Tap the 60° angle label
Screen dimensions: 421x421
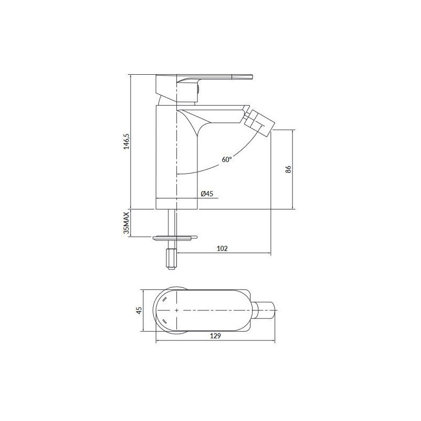click(227, 159)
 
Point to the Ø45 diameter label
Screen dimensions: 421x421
click(207, 194)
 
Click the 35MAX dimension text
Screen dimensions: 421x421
click(126, 223)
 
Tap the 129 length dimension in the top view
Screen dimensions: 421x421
click(215, 336)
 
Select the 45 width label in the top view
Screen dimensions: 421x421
click(139, 310)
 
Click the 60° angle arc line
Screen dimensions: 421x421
click(210, 167)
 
